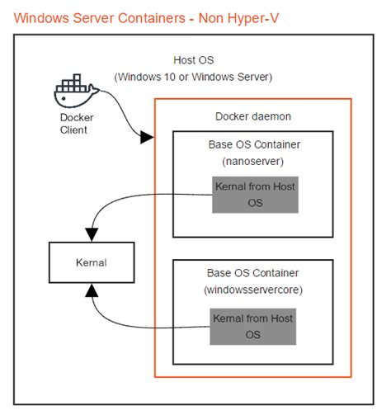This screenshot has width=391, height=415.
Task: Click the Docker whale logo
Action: [75, 92]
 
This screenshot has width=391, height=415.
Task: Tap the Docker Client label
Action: [77, 123]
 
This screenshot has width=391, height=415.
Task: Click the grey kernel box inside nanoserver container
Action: [254, 194]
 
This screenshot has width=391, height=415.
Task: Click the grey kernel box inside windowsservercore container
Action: [254, 324]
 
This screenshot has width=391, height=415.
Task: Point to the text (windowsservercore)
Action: [254, 290]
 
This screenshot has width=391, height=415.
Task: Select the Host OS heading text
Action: [194, 60]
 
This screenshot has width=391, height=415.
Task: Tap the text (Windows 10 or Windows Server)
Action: [194, 77]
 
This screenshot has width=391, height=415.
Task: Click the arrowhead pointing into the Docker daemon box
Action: [148, 136]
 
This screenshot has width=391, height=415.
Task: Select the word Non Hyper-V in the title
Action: [247, 17]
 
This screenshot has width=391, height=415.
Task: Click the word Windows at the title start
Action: [41, 17]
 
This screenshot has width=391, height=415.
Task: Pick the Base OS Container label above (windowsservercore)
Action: [254, 273]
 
